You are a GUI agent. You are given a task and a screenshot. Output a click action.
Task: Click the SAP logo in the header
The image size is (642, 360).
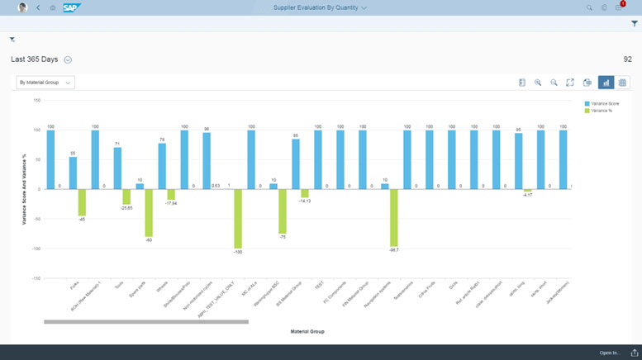[x=71, y=7]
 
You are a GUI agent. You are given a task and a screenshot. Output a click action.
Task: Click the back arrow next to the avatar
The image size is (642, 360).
[x=38, y=7]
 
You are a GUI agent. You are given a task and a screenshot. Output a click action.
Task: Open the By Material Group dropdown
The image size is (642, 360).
[x=45, y=83]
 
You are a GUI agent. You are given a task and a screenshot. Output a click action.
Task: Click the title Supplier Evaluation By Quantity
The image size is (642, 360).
[x=320, y=7]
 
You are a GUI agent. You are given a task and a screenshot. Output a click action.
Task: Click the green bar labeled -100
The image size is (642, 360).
[x=238, y=219]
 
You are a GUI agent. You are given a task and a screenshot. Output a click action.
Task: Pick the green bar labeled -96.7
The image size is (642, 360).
[x=394, y=217]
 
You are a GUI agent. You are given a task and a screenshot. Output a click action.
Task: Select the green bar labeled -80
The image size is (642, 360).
[x=149, y=213]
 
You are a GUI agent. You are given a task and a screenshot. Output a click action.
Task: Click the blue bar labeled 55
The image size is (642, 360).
[x=73, y=173]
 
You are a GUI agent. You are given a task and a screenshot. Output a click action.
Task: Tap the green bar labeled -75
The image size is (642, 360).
[x=283, y=211]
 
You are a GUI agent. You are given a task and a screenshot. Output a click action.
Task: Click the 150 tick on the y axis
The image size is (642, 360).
[x=36, y=101]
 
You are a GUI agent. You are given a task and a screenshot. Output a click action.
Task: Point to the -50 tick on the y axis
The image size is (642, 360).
[x=36, y=219]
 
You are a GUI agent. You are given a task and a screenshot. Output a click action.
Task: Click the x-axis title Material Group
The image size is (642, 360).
[x=307, y=332]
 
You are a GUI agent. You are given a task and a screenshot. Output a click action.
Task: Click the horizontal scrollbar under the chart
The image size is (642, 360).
[x=145, y=322]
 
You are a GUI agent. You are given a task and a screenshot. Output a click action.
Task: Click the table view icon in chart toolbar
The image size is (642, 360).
[x=623, y=83]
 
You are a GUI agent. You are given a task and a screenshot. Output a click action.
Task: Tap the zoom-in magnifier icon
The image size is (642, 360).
[x=538, y=83]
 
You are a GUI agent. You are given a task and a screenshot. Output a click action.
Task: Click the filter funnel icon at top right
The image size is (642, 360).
[x=634, y=24]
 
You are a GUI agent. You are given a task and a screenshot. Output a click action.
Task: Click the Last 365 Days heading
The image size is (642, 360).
[x=34, y=59]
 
